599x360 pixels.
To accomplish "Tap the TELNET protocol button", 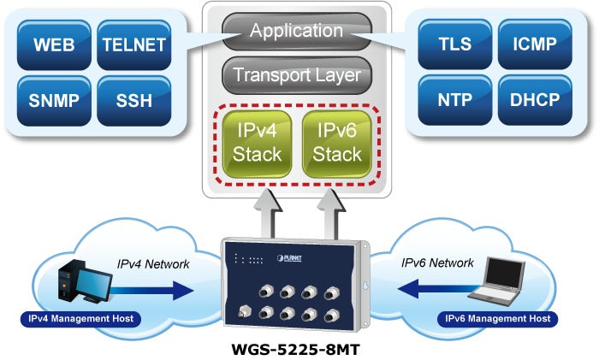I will (x=133, y=44).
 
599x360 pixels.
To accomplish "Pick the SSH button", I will (x=133, y=100).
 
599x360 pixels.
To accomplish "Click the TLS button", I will (x=454, y=44).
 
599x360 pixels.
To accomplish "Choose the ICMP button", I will (x=532, y=44).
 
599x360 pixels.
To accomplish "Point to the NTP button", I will (x=454, y=100).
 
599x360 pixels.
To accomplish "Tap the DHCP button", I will (x=532, y=100).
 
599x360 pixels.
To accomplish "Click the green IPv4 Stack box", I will (x=254, y=142).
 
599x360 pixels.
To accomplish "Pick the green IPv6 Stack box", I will (x=336, y=142).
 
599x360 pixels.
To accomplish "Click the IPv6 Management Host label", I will (x=498, y=319).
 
